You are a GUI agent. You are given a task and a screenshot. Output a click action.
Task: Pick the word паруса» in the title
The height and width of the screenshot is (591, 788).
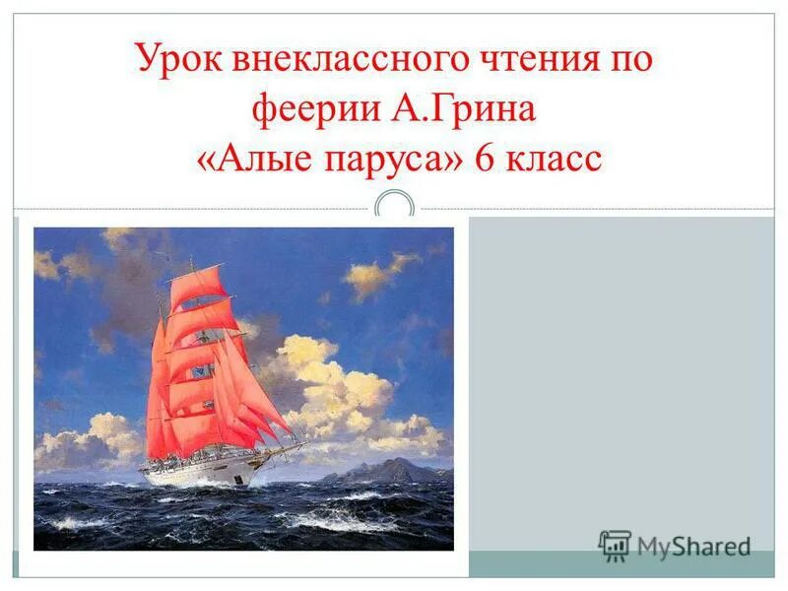click(393, 158)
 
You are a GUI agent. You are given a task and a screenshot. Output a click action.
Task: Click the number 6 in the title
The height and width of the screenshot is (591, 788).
click(485, 158)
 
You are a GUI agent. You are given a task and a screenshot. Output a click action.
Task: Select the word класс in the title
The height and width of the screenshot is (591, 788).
click(553, 158)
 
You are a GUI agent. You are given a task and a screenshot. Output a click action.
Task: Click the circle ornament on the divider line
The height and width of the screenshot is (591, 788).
click(395, 208)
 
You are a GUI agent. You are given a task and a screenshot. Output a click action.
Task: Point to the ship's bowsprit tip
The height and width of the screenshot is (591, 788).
click(301, 444)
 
